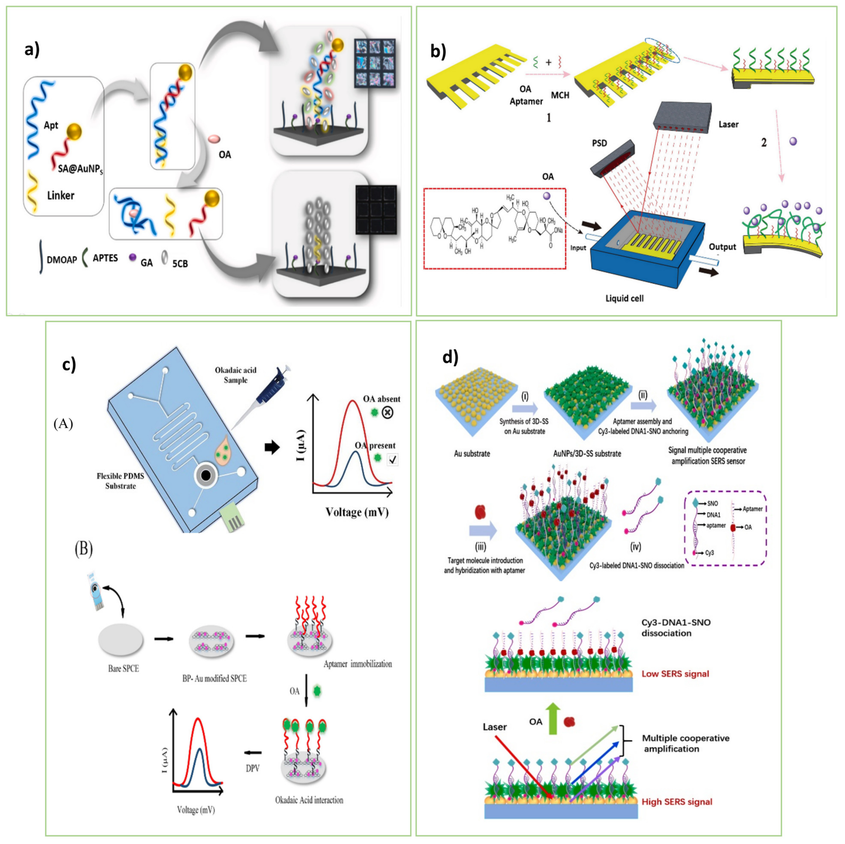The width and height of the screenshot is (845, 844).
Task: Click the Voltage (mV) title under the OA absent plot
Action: pos(357,512)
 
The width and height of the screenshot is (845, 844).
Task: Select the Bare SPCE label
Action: pos(123,669)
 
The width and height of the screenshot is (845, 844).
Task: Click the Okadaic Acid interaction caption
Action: pos(309,800)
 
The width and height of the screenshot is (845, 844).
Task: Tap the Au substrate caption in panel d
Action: pos(472,453)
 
